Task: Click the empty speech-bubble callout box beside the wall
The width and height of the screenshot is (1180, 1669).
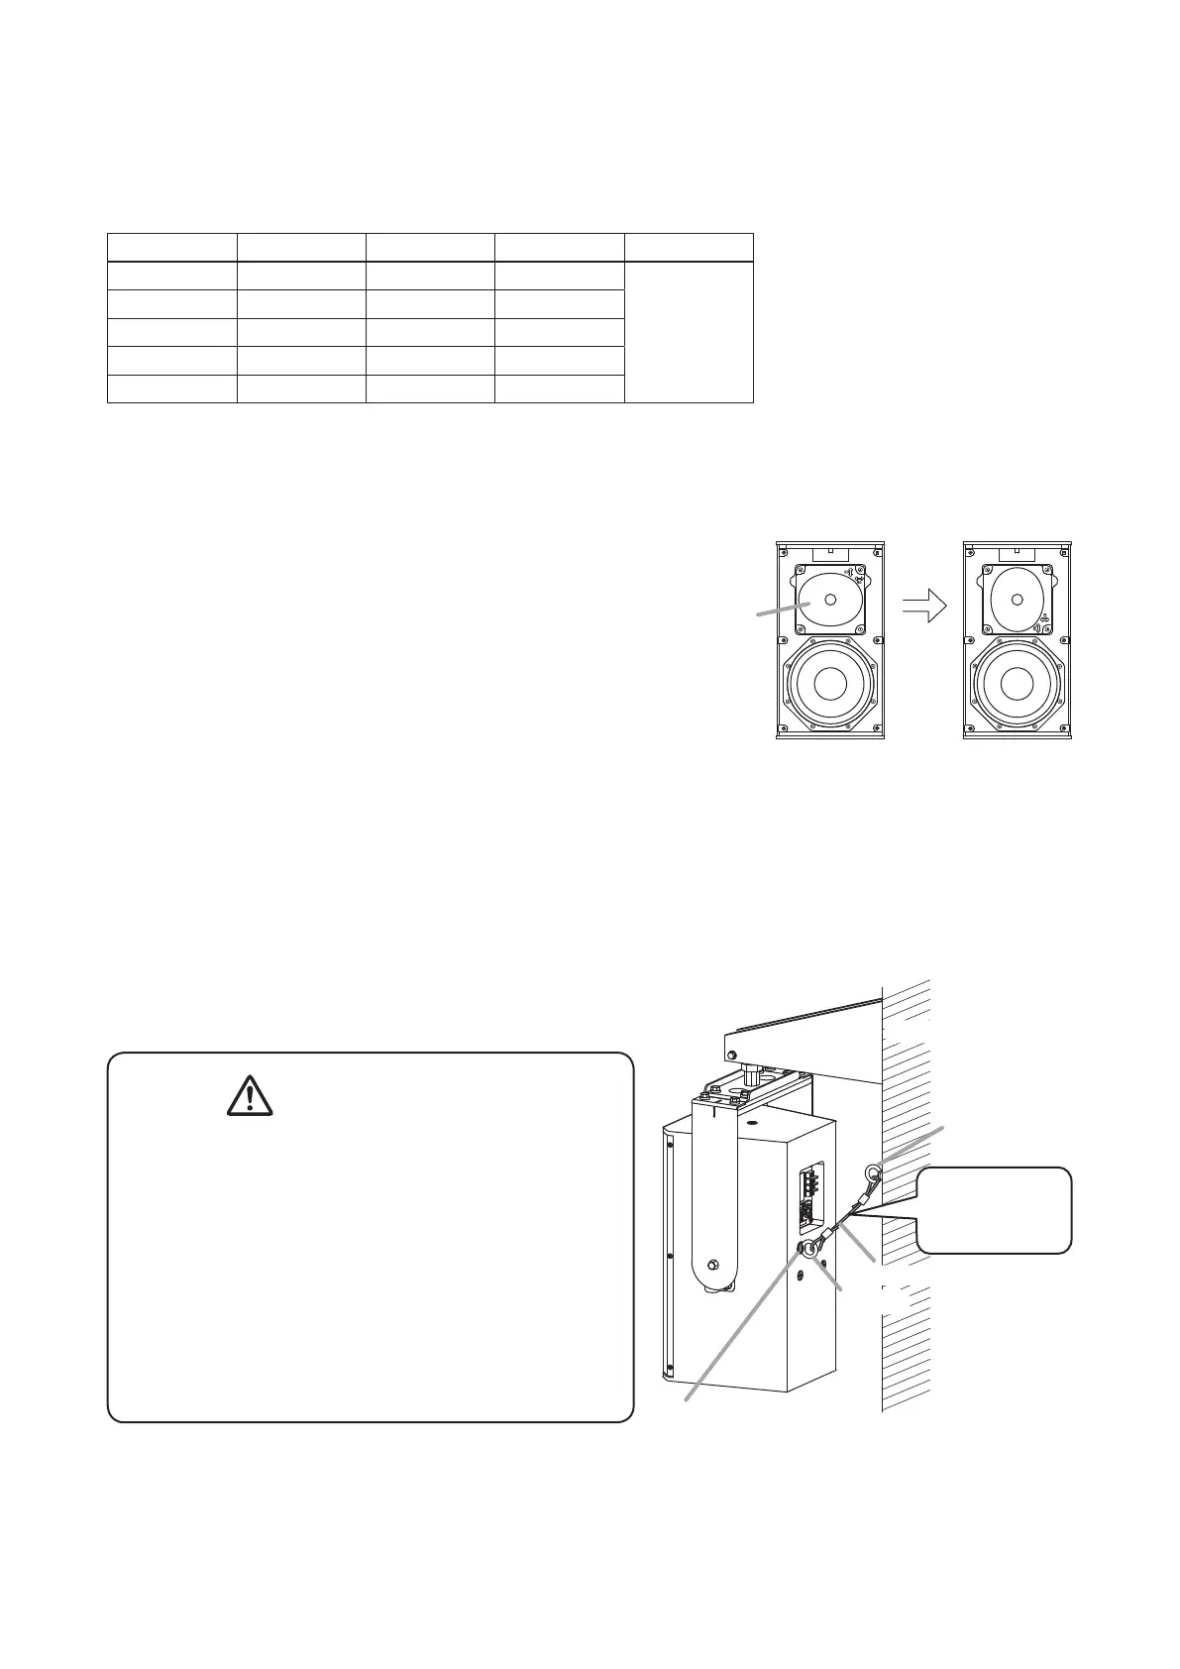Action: (x=994, y=1210)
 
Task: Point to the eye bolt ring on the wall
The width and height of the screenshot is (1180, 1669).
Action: (x=874, y=1175)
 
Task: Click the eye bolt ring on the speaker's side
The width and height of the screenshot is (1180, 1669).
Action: (x=810, y=1250)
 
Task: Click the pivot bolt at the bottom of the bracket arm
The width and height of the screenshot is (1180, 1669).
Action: (x=712, y=1267)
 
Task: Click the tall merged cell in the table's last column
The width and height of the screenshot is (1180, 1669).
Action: (x=689, y=332)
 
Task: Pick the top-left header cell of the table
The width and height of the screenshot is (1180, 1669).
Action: (x=171, y=248)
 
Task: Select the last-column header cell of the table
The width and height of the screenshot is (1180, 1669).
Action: (x=689, y=248)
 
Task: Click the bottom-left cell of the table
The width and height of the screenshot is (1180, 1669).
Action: (x=171, y=389)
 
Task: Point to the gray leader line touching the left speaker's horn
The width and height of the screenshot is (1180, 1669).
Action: (x=778, y=612)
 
